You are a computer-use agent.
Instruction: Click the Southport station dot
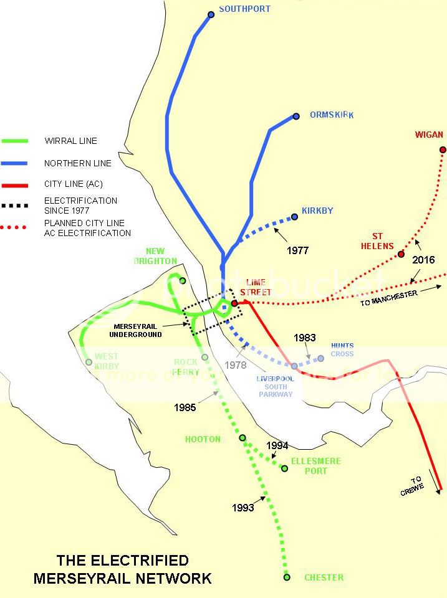click(x=211, y=14)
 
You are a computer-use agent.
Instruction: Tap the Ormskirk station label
click(x=332, y=115)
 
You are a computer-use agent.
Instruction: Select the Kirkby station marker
click(x=294, y=217)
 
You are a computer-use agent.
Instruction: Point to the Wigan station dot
click(x=443, y=149)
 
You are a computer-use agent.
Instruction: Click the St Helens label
click(x=377, y=241)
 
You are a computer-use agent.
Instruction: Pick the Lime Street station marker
click(x=234, y=303)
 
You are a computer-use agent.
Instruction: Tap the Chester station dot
click(x=287, y=577)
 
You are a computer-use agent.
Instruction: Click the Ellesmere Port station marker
click(x=284, y=468)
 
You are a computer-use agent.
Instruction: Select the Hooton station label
click(x=203, y=439)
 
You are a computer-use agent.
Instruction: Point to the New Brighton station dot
click(x=183, y=280)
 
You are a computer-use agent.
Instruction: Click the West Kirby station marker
click(x=89, y=362)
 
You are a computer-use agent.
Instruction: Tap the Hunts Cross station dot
click(x=320, y=358)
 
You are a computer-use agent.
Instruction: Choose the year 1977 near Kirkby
click(x=298, y=250)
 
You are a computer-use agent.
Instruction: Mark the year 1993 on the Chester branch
click(x=243, y=508)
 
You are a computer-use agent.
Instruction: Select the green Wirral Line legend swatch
click(x=15, y=141)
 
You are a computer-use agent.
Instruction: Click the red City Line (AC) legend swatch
click(x=15, y=185)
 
